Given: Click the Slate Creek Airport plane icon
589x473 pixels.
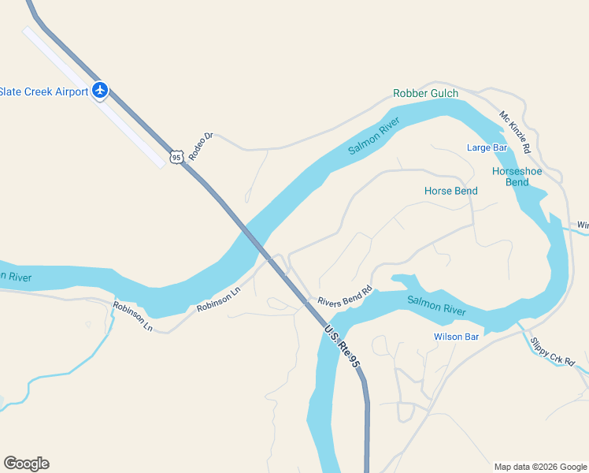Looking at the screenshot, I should click(x=100, y=91).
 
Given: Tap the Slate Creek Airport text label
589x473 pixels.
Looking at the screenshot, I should click(x=43, y=91).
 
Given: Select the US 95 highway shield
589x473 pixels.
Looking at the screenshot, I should click(x=176, y=157).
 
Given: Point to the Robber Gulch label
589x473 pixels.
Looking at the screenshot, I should click(x=425, y=94).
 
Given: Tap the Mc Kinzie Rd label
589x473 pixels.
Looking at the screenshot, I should click(x=515, y=132).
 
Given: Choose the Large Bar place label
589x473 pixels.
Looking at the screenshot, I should click(x=487, y=147).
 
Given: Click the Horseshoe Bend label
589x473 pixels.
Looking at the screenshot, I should click(x=510, y=177).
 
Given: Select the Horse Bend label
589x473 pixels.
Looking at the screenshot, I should click(x=451, y=191).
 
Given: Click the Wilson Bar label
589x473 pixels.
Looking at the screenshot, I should click(x=456, y=337).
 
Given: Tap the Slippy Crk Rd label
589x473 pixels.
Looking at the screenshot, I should click(x=553, y=351).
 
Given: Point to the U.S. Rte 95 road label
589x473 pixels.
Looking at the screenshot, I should click(x=343, y=347).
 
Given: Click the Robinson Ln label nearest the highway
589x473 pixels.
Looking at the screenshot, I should click(x=218, y=300).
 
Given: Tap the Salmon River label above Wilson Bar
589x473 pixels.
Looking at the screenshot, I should click(x=437, y=306).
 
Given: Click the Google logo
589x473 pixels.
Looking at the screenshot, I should click(x=26, y=464).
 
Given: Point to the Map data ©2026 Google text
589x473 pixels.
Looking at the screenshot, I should click(x=539, y=467).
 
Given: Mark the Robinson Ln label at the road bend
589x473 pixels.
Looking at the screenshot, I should click(x=132, y=316).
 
